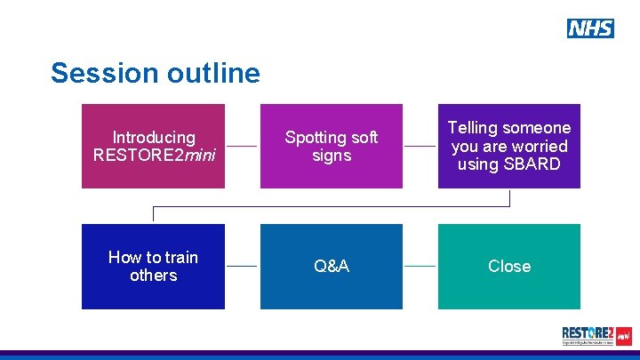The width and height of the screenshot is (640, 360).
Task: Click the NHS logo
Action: (590, 28)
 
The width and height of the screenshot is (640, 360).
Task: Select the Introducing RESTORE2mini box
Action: (153, 146)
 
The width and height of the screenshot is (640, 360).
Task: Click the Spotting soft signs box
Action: (331, 146)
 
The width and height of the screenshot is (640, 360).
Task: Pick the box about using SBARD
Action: (508, 146)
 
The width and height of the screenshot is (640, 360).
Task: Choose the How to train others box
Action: (153, 266)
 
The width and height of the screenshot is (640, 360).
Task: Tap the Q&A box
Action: (331, 266)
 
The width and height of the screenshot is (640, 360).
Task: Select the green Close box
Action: (508, 266)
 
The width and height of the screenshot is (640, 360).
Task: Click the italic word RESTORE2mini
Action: (153, 156)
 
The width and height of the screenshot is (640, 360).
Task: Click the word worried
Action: (540, 146)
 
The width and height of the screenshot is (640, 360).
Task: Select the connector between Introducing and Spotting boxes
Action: (242, 146)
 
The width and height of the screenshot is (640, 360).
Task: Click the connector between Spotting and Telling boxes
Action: (420, 146)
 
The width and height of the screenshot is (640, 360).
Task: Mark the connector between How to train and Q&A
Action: (242, 266)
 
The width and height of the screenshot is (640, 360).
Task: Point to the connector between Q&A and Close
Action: (420, 266)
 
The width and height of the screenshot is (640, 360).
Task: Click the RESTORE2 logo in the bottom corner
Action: (596, 336)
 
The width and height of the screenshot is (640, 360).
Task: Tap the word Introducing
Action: (154, 138)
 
